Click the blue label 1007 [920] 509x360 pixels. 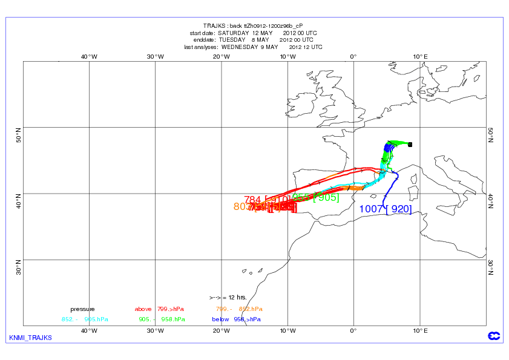(386, 209)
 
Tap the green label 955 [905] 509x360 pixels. (315, 197)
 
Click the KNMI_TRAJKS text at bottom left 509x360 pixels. (30, 337)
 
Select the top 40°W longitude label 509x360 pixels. (89, 57)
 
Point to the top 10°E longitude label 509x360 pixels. (420, 57)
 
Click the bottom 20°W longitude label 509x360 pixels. (222, 330)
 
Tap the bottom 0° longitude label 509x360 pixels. (353, 330)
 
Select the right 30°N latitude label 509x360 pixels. (491, 267)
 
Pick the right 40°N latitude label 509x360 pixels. (491, 201)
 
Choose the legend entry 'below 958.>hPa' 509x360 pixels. (236, 319)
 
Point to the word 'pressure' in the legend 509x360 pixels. (82, 309)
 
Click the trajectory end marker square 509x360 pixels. (410, 145)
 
